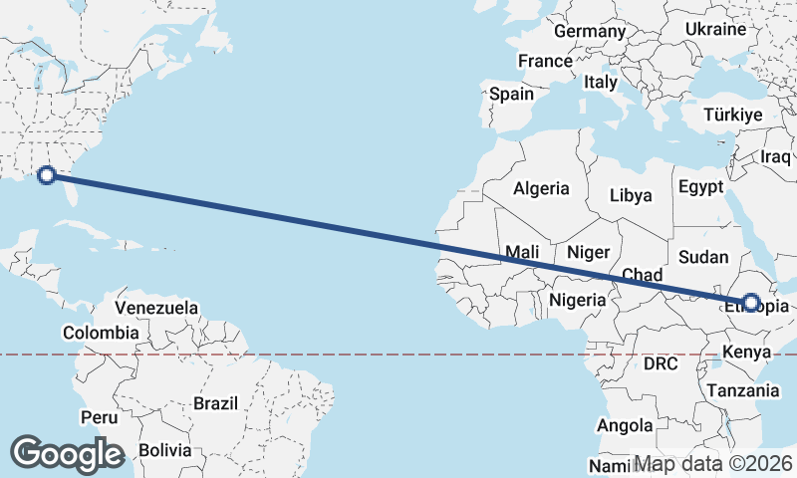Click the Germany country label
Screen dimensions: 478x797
[589, 31]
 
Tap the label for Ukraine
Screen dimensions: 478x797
[715, 29]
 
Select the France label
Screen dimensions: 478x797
[545, 61]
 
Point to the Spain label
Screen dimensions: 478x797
[511, 95]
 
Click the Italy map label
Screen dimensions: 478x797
[601, 82]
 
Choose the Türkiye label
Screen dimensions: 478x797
[732, 115]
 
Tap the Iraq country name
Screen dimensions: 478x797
[775, 156]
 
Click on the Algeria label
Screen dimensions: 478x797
[541, 188]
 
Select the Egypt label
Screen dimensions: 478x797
[701, 187]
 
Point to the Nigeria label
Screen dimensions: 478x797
[577, 299]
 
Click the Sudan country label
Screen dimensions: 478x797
[703, 257]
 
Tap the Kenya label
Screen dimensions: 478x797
[747, 352]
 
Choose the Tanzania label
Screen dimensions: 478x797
[743, 391]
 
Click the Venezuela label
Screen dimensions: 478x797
[156, 308]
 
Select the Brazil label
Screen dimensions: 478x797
[215, 403]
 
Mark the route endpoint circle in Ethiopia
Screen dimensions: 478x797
[751, 302]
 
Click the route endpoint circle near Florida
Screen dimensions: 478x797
[46, 176]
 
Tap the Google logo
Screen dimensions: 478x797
[67, 453]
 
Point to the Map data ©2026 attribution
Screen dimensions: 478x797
[712, 464]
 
